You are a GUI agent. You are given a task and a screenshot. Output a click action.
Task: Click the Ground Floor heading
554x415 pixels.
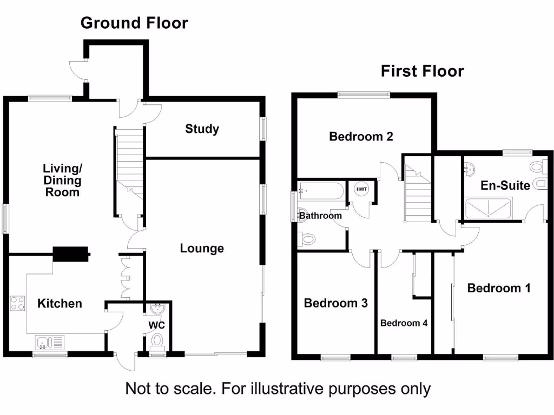coord(134,23)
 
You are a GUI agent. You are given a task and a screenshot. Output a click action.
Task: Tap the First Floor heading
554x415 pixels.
coord(422,71)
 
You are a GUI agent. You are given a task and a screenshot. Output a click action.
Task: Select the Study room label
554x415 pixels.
coord(202,129)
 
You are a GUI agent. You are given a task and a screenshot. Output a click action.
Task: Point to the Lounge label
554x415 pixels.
coord(202,249)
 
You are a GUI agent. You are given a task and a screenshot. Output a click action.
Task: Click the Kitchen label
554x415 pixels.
coord(60,304)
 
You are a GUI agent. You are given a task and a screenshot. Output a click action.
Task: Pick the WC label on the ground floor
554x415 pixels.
coord(156,325)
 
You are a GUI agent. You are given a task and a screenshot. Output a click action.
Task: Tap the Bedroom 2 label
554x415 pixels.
coord(361,137)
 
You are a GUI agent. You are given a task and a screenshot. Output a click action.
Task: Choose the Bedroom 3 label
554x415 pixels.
coord(335,303)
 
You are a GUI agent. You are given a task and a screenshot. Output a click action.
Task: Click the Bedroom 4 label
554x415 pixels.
coord(404,323)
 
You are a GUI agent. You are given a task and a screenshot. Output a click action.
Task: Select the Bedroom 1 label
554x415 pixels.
coord(499,288)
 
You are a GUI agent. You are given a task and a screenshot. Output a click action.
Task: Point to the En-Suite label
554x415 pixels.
coord(505,185)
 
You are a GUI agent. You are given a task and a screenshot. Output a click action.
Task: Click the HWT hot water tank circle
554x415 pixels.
coord(361,189)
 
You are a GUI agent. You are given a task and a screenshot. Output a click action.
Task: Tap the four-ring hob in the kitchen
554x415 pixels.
coord(17,303)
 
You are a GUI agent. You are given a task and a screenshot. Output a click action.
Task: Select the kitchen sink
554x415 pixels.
coord(49,342)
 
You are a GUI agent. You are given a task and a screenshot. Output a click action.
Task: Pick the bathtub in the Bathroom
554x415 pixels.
coord(320,191)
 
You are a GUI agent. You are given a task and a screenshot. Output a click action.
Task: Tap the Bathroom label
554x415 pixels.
coord(321,216)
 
